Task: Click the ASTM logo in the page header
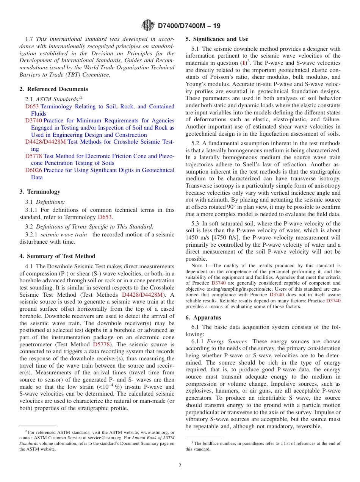148,26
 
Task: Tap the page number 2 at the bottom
180,465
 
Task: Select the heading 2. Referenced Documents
54,89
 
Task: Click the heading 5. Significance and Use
217,39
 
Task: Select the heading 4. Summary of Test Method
57,256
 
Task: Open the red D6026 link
33,170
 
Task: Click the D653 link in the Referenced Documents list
32,106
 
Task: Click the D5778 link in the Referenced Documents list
33,156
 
